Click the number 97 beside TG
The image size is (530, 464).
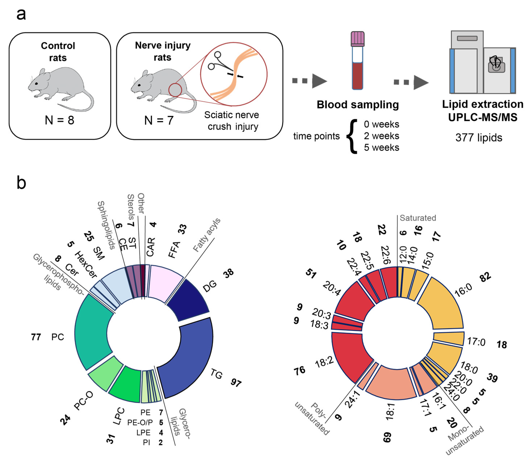tap(236, 382)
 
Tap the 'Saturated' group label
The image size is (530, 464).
tap(418, 218)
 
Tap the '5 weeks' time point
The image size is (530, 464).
tap(381, 147)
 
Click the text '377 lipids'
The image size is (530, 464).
tap(479, 138)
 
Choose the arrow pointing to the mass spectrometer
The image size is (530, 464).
tap(412, 82)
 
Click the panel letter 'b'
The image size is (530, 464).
tap(21, 183)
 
